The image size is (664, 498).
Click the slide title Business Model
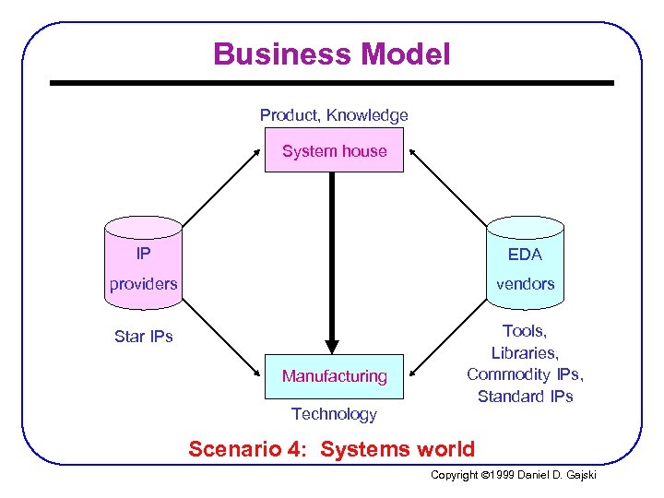click(x=332, y=54)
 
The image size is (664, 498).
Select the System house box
click(x=334, y=150)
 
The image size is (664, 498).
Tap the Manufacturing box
click(x=334, y=375)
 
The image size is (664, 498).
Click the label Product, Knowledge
click(x=334, y=115)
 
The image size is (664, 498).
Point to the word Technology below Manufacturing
click(x=334, y=414)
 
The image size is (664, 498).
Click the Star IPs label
click(x=143, y=337)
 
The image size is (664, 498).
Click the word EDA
click(x=525, y=254)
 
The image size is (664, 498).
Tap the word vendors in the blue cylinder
click(x=525, y=284)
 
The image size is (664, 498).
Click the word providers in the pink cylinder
click(x=143, y=284)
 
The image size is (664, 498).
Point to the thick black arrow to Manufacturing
click(x=332, y=258)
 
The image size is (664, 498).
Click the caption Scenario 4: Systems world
click(x=332, y=450)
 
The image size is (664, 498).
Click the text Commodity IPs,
click(x=525, y=374)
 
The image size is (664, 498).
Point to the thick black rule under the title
click(x=332, y=83)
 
